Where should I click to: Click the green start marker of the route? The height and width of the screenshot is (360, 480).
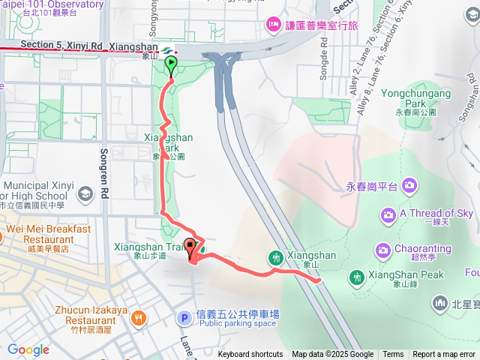pyautogui.click(x=171, y=64)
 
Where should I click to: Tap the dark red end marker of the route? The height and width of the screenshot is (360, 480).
pyautogui.click(x=190, y=246)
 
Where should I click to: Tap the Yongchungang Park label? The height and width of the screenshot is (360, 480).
pyautogui.click(x=416, y=93)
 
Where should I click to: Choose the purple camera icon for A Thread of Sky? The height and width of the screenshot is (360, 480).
pyautogui.click(x=388, y=216)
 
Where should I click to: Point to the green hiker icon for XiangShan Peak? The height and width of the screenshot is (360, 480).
pyautogui.click(x=356, y=276)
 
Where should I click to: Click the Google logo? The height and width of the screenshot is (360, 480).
pyautogui.click(x=28, y=350)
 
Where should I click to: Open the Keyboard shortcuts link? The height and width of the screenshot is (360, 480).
pyautogui.click(x=250, y=355)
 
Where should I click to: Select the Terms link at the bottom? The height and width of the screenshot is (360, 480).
pyautogui.click(x=393, y=355)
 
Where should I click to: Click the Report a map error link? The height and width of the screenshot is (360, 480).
pyautogui.click(x=444, y=355)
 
